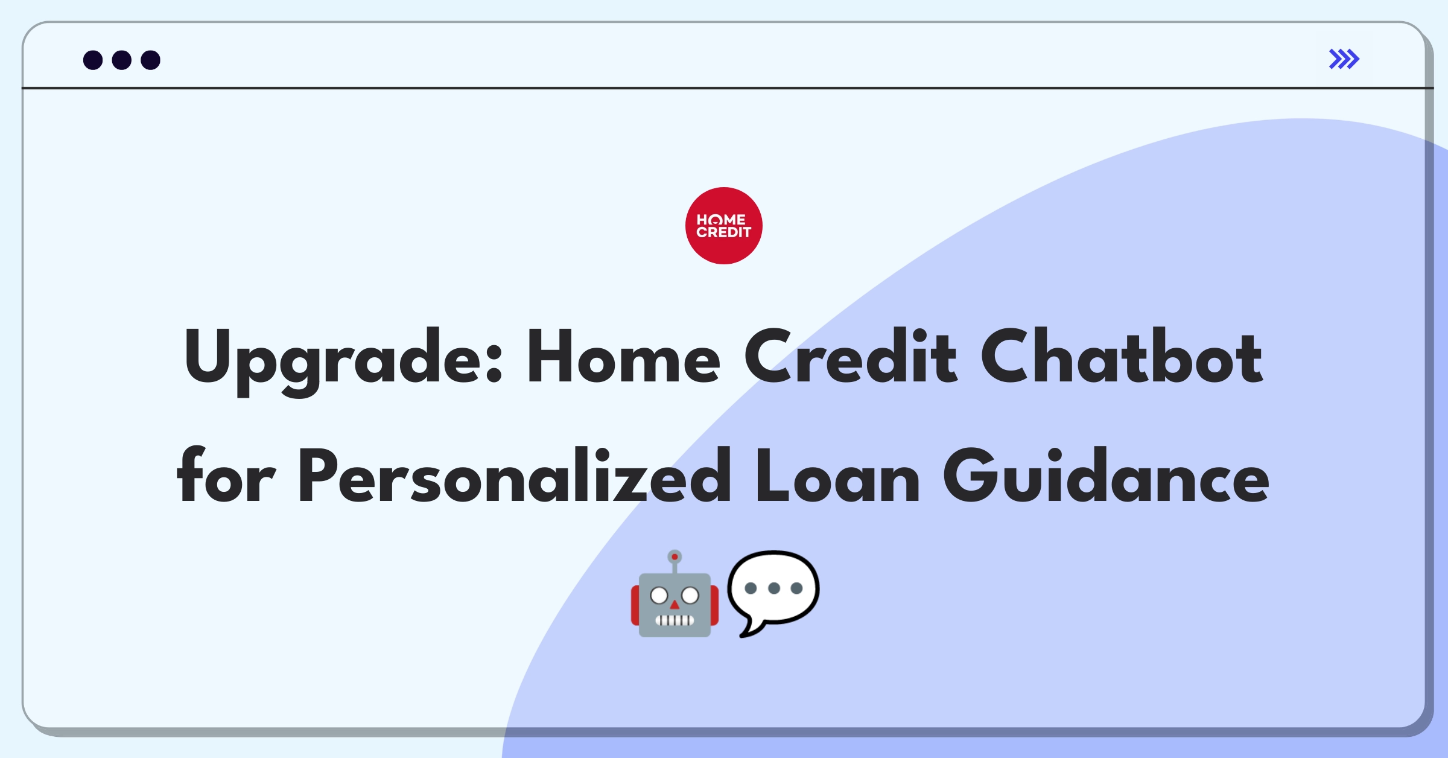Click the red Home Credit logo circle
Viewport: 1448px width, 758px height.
(x=723, y=226)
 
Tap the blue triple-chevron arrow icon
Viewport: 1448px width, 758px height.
(x=1344, y=59)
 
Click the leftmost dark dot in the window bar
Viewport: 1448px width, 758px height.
(x=93, y=60)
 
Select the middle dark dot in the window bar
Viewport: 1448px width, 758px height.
(x=122, y=60)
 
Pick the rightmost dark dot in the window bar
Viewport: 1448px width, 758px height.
(x=151, y=60)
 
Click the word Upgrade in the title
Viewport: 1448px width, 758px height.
(x=343, y=361)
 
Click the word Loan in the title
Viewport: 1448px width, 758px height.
(x=837, y=476)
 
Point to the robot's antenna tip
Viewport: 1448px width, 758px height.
(x=675, y=556)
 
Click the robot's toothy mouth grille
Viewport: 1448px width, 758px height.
(x=675, y=620)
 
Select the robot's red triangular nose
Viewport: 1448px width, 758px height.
(x=675, y=605)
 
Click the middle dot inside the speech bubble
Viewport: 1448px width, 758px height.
(x=774, y=588)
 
